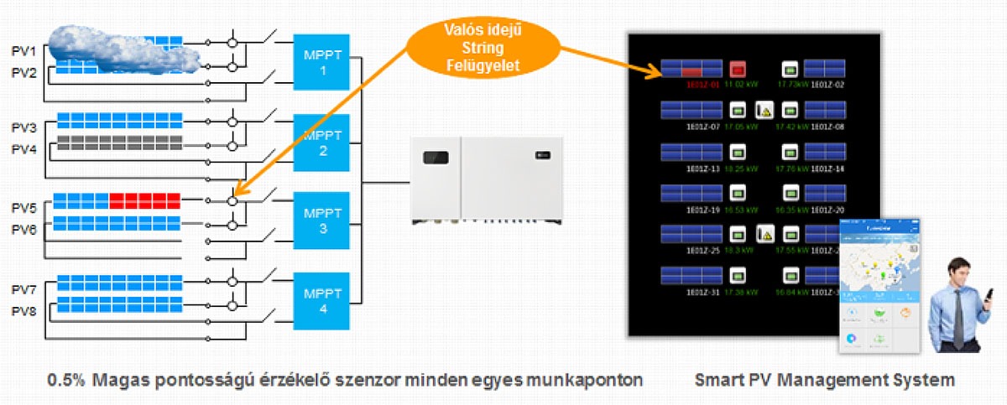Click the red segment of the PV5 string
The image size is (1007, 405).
coord(144,201)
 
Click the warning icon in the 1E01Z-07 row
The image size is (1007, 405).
coord(764,110)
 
